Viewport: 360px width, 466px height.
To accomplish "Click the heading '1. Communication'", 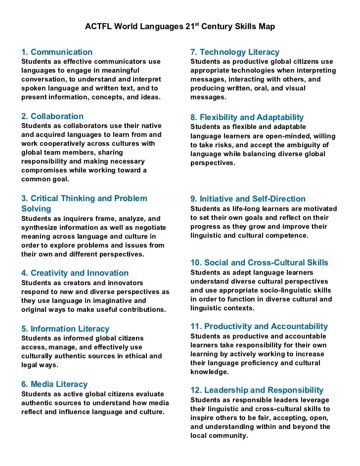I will point(57,52).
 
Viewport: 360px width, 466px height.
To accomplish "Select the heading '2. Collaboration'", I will point(52,117).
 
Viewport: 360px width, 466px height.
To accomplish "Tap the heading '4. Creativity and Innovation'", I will point(75,273).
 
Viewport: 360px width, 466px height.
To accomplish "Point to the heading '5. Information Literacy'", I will point(65,329).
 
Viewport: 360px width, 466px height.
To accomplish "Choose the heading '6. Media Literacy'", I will point(54,384).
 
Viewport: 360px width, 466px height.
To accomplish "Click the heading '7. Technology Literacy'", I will point(235,52).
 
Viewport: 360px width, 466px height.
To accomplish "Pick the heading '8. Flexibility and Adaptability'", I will point(247,118).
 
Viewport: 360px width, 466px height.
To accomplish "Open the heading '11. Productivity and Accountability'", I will point(259,327).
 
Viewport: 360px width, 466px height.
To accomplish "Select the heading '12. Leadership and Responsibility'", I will point(257,390).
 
